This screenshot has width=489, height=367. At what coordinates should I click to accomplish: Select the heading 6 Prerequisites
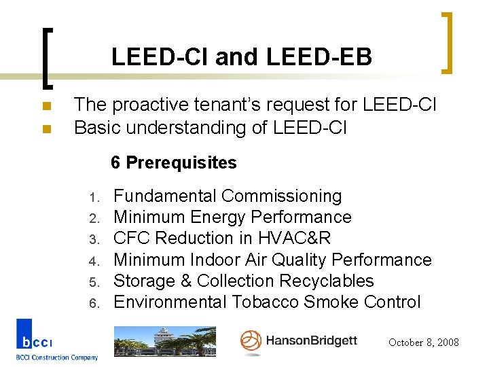pyautogui.click(x=174, y=163)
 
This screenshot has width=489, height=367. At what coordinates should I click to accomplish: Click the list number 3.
pyautogui.click(x=94, y=239)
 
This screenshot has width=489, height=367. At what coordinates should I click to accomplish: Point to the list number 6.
pyautogui.click(x=94, y=302)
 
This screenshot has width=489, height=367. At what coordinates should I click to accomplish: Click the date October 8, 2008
pyautogui.click(x=424, y=343)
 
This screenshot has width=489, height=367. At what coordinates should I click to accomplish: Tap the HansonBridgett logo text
pyautogui.click(x=311, y=340)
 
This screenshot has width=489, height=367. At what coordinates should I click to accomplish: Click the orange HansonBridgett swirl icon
pyautogui.click(x=251, y=341)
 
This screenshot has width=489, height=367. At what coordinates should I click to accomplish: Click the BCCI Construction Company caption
pyautogui.click(x=57, y=357)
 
